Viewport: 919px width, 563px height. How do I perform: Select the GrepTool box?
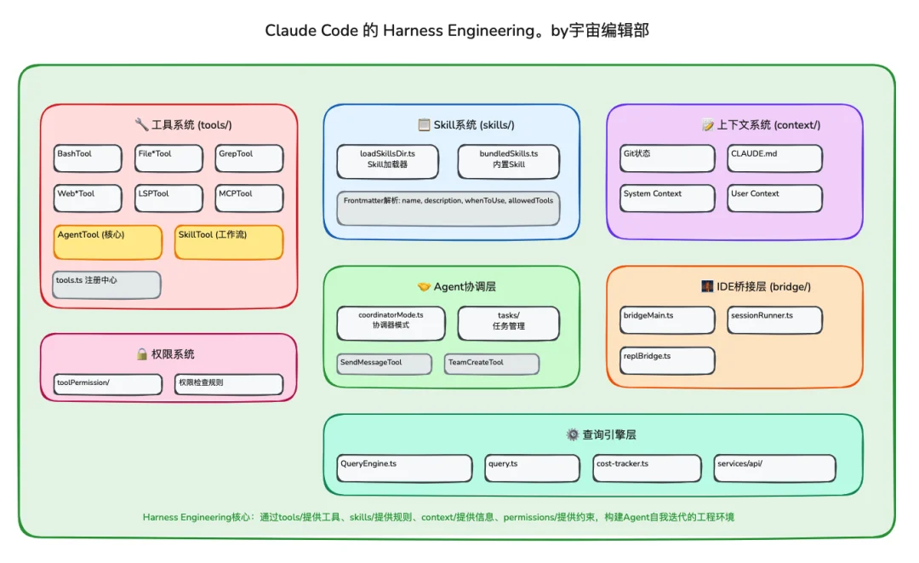pos(248,158)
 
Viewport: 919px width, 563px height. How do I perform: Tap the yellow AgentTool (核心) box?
pos(108,242)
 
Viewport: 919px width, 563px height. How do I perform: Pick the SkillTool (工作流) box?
pos(229,242)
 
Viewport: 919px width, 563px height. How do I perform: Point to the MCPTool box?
pos(248,198)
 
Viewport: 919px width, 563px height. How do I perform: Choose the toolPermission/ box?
pos(107,384)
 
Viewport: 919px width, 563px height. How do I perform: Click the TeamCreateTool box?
pos(492,364)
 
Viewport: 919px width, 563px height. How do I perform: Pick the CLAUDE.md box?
pos(774,158)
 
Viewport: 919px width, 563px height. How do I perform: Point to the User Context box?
pos(774,198)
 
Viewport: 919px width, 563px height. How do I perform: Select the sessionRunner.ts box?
pos(774,320)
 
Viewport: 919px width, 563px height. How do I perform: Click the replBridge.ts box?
pos(667,360)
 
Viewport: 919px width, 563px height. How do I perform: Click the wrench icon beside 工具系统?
pos(141,124)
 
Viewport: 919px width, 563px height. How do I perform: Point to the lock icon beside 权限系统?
pos(142,353)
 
